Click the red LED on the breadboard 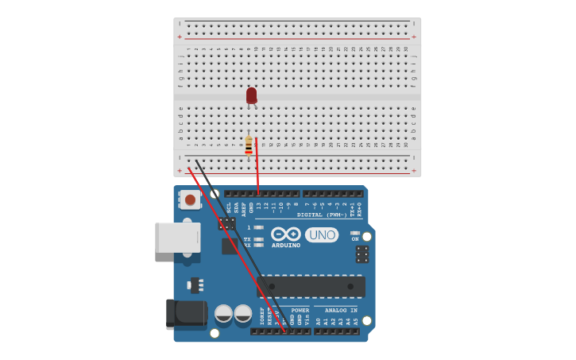point(251,95)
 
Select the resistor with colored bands point(249,145)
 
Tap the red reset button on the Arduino point(190,199)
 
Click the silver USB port point(177,238)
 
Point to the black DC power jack point(186,313)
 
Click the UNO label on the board point(322,235)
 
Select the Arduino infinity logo point(285,234)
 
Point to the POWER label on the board point(300,310)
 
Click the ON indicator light point(355,233)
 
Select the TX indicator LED point(258,238)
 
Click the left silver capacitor point(224,313)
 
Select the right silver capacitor point(243,313)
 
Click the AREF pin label point(244,207)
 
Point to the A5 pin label point(356,321)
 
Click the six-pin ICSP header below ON point(362,254)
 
